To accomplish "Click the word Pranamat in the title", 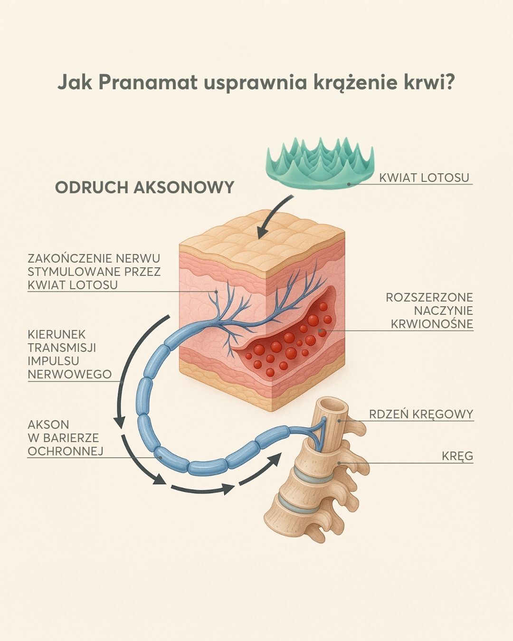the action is click(148, 83).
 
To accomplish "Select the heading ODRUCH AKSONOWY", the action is click(144, 188).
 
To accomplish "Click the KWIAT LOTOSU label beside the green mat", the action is click(424, 178).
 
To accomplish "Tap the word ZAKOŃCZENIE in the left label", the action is click(70, 258).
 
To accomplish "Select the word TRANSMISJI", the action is click(62, 348).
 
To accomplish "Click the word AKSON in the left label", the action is click(48, 424).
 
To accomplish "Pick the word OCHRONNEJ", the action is click(66, 451).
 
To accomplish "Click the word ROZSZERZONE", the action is click(429, 297).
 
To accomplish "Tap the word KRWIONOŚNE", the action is click(432, 324).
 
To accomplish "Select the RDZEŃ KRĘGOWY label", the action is click(421, 415).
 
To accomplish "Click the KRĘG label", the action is click(457, 456).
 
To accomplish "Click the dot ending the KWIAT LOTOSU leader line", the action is click(349, 184).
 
